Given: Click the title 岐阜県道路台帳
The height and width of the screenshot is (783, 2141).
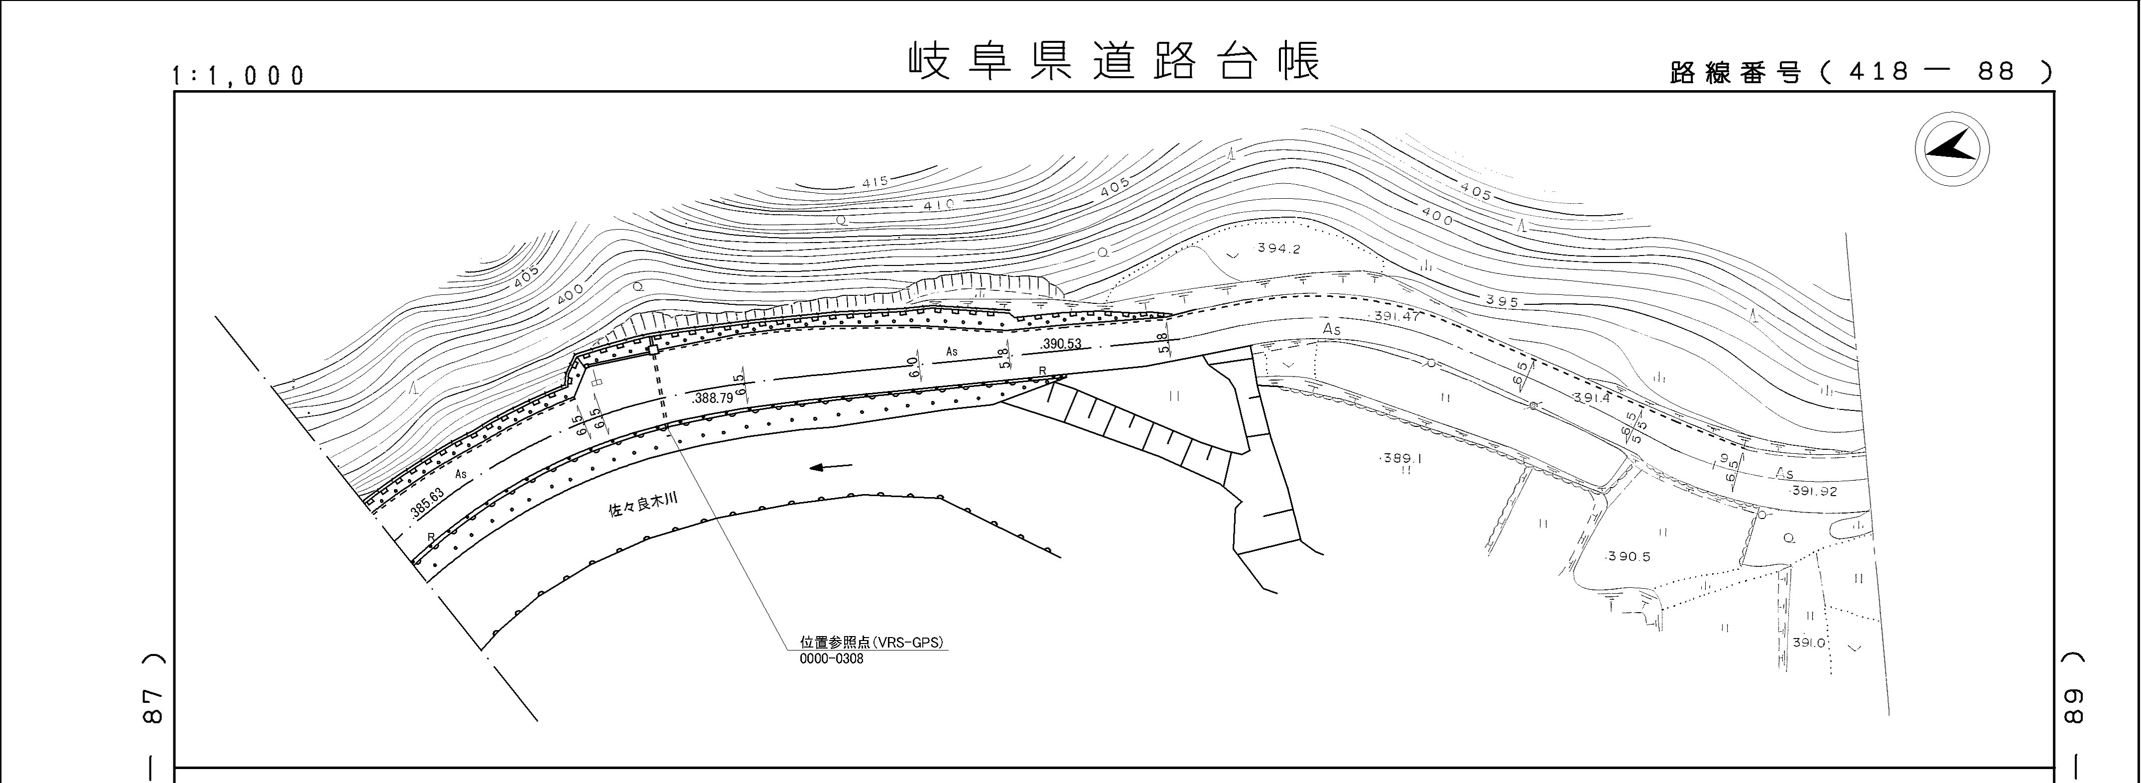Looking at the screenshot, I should pyautogui.click(x=1113, y=62).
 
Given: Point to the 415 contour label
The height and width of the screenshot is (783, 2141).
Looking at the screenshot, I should pyautogui.click(x=875, y=182).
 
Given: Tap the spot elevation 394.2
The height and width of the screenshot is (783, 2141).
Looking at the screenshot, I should pyautogui.click(x=1278, y=249).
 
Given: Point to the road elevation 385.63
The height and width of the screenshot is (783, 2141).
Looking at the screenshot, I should pyautogui.click(x=427, y=504).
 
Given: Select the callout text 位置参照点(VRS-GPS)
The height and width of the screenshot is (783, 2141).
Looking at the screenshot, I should pyautogui.click(x=873, y=643).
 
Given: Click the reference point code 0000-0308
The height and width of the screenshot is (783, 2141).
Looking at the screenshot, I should pyautogui.click(x=831, y=659).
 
